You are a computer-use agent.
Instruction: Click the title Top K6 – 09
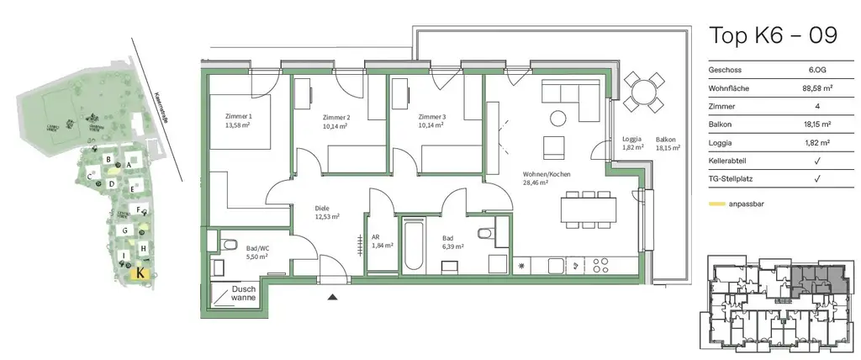[x=773, y=36]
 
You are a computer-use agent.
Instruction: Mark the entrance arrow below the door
[x=334, y=297]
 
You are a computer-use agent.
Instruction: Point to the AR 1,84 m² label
[x=383, y=241]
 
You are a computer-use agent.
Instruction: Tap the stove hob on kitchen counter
[x=600, y=265]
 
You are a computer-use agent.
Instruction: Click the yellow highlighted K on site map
[x=140, y=272]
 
